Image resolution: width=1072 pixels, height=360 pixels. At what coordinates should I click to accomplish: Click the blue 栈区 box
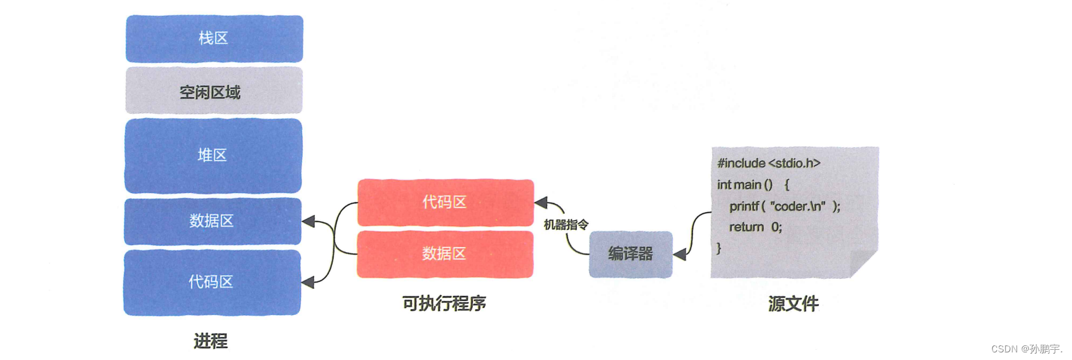click(214, 39)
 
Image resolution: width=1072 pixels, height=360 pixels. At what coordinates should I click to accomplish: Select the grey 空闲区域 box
click(214, 91)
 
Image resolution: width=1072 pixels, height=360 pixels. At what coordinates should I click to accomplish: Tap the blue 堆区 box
click(213, 156)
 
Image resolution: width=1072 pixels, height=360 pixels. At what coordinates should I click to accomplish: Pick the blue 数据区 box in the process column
click(212, 221)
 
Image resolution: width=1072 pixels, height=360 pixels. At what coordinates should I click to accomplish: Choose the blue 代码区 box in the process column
click(212, 282)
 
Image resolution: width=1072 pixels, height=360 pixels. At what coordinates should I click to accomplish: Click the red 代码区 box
click(445, 203)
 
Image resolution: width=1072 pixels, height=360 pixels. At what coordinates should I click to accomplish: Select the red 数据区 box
click(445, 254)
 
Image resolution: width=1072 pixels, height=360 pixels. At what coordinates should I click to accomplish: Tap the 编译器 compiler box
click(630, 254)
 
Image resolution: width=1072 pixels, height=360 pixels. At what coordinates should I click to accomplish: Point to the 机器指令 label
click(566, 225)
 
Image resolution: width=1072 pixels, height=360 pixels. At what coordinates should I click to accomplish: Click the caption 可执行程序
click(444, 303)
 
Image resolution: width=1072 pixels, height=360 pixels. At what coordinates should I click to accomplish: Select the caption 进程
click(211, 341)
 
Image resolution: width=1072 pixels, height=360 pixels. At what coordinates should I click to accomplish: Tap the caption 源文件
click(793, 303)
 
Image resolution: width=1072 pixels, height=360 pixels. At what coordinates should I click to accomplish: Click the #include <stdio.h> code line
click(769, 163)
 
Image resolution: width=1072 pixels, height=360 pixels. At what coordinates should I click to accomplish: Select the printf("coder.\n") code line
click(784, 206)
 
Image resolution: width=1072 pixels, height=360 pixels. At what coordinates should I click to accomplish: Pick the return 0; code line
click(755, 227)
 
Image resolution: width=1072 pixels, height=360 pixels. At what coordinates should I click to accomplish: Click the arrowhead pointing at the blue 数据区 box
click(308, 222)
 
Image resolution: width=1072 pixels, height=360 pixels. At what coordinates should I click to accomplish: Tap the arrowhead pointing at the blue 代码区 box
click(308, 282)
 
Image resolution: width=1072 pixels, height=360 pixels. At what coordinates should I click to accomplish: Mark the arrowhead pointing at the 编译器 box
click(680, 255)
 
